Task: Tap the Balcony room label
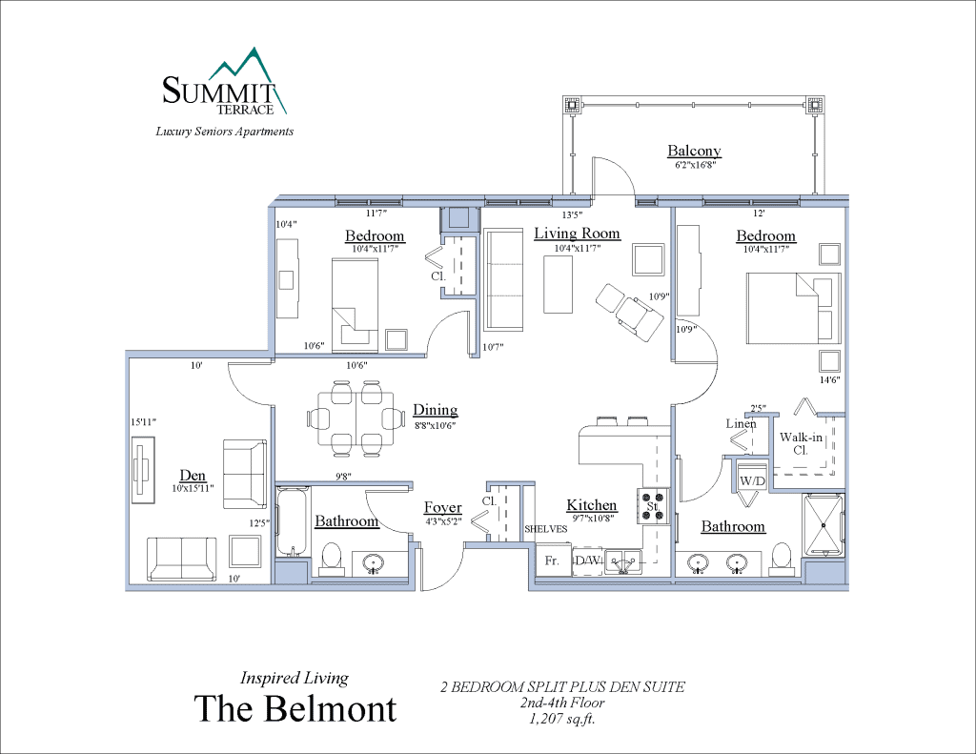pos(694,151)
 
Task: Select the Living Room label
pos(577,234)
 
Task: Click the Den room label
pos(193,475)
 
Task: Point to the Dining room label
pos(435,410)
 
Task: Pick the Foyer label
pos(442,508)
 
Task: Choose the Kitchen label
pos(592,505)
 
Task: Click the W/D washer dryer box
pos(752,481)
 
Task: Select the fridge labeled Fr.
pos(551,561)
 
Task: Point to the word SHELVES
pos(545,529)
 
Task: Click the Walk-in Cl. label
pos(795,443)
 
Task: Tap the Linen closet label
pos(741,423)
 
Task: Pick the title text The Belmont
pos(295,708)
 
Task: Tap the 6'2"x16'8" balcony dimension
pos(694,165)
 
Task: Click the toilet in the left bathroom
pos(333,556)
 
